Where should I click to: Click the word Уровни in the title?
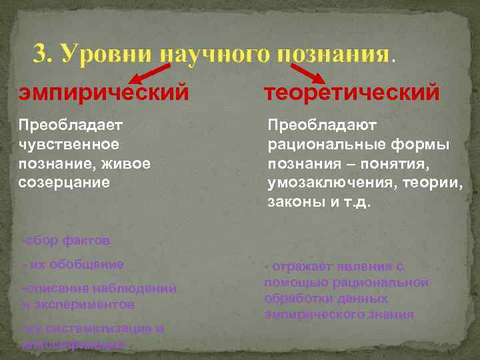[105, 54]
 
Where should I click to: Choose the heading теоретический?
[351, 92]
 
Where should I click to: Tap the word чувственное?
[69, 144]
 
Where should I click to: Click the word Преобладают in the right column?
[322, 125]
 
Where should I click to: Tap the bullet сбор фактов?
[66, 239]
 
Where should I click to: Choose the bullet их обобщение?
[73, 264]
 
